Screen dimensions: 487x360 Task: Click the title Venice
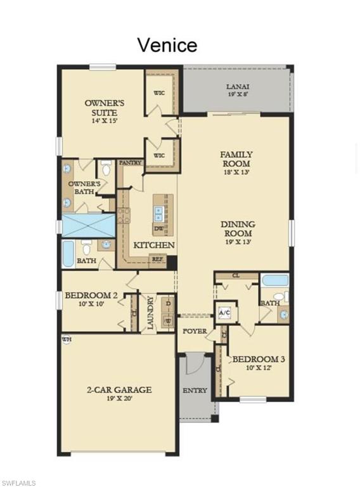pyautogui.click(x=167, y=45)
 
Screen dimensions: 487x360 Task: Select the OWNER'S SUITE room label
pyautogui.click(x=105, y=107)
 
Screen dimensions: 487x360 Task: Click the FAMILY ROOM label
pyautogui.click(x=236, y=159)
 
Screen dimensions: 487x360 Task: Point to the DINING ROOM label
pyautogui.click(x=238, y=228)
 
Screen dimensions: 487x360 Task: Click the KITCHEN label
pyautogui.click(x=153, y=245)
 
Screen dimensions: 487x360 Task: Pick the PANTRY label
pyautogui.click(x=129, y=162)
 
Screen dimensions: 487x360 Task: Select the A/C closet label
pyautogui.click(x=224, y=313)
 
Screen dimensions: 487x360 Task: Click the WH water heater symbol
pyautogui.click(x=67, y=340)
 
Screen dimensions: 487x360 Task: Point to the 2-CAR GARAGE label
pyautogui.click(x=119, y=390)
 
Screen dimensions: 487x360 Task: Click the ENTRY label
pyautogui.click(x=195, y=391)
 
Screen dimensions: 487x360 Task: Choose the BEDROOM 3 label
pyautogui.click(x=258, y=360)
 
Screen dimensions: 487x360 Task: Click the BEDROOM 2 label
pyautogui.click(x=91, y=295)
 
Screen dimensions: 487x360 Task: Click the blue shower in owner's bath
pyautogui.click(x=89, y=225)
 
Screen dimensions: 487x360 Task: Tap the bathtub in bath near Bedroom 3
pyautogui.click(x=274, y=280)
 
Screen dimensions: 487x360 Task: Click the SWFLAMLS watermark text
pyautogui.click(x=18, y=483)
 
